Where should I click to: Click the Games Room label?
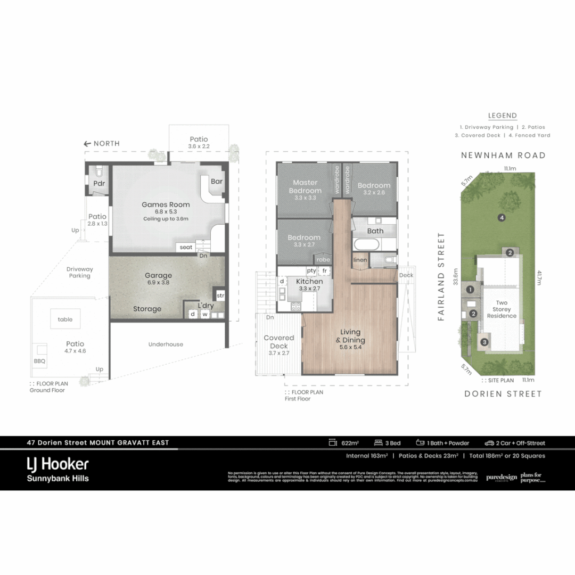click(x=166, y=204)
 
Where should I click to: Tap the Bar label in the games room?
click(x=216, y=182)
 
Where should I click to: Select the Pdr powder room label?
click(x=98, y=183)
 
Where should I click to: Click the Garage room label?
click(x=158, y=275)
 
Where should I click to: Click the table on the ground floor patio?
click(x=65, y=319)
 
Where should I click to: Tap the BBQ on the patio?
click(x=39, y=360)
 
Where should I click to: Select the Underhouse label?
click(x=166, y=344)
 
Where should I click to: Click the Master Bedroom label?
click(x=305, y=186)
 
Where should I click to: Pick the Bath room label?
click(x=375, y=231)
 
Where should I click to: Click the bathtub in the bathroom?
click(x=366, y=246)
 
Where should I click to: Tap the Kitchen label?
click(x=309, y=281)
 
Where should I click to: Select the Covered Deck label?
click(x=278, y=342)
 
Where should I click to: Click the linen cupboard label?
click(x=359, y=259)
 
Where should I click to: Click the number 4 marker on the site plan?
click(x=501, y=217)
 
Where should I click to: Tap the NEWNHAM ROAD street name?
click(x=503, y=155)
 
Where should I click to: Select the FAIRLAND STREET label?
click(x=441, y=276)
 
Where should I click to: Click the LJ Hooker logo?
click(x=57, y=464)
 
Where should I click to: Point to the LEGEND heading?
click(x=503, y=116)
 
